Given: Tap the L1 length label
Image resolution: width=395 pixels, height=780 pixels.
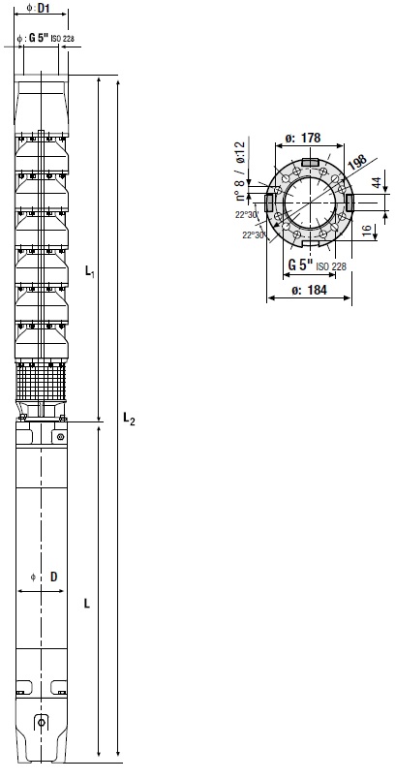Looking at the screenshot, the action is pos(90,271).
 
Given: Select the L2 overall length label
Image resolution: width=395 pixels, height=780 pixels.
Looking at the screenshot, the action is pos(129,419).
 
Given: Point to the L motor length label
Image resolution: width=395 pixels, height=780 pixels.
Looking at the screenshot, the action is pos(87,604).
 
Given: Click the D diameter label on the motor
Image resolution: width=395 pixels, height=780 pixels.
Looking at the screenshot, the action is pos(53,577).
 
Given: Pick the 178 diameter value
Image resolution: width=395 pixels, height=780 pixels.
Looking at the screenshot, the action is pos(311,138).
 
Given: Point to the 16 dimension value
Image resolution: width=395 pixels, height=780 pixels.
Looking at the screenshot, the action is pos(367,231).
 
